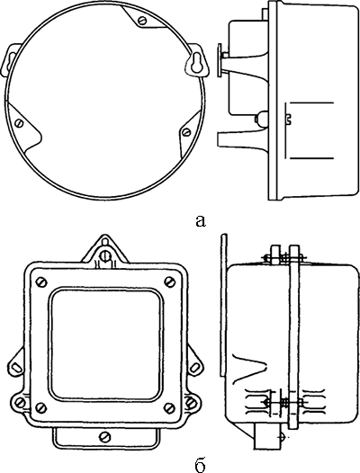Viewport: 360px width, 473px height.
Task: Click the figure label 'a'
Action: coord(201,221)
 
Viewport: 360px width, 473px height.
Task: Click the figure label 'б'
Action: coord(200,465)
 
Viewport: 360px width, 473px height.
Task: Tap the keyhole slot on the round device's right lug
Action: coord(195,62)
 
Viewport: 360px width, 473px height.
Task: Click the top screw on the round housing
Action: coord(142,21)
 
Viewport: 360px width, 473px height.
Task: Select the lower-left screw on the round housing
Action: coord(20,123)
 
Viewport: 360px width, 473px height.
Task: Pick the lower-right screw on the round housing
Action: coord(186,131)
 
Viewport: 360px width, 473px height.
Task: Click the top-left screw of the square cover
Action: coord(40,282)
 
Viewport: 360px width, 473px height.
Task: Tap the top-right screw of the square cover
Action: coord(169,282)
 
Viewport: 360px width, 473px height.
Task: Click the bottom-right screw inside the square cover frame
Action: coord(169,408)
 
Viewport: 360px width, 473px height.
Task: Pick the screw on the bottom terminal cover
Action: coord(105,436)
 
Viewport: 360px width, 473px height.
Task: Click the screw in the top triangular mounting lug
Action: coord(105,255)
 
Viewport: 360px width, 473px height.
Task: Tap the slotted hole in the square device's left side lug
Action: coord(16,367)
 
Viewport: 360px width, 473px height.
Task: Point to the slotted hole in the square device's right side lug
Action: coord(195,367)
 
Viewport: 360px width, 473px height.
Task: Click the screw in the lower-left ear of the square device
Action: coord(21,403)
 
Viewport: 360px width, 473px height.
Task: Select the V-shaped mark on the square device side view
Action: coord(249,367)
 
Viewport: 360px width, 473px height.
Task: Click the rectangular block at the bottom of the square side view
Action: coord(265,435)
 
